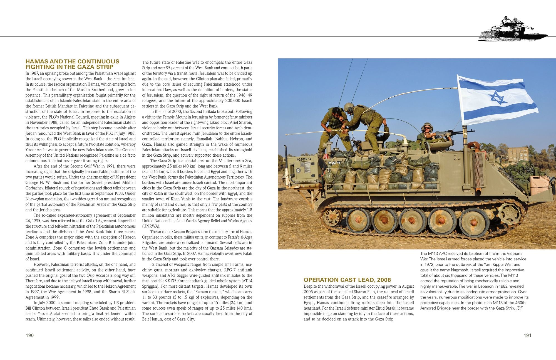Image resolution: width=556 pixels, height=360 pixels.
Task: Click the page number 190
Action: click(x=30, y=335)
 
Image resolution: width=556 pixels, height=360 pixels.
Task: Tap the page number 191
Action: click(x=527, y=335)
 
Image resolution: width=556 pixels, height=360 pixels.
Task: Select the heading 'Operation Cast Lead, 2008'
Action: click(x=347, y=280)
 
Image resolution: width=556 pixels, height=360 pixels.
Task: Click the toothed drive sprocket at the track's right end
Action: click(x=509, y=214)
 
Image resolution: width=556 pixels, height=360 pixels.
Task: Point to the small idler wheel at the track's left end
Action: click(x=332, y=217)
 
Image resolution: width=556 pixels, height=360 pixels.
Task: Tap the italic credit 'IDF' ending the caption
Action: click(x=519, y=308)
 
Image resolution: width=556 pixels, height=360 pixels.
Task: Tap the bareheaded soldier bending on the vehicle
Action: click(x=334, y=125)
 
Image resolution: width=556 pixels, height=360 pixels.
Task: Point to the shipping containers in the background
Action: click(x=518, y=154)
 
